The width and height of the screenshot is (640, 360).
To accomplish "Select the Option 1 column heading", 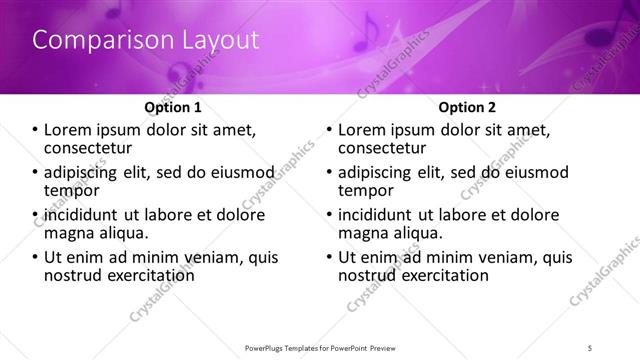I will (173, 107).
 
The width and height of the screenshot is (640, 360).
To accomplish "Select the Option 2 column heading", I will (466, 107).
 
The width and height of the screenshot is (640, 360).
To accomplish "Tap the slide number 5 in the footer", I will (590, 347).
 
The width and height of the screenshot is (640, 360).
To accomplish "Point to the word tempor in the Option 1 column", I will (71, 190).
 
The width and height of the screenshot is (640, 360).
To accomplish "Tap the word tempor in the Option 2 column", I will (365, 190).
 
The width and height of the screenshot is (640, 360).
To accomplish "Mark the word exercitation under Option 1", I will (147, 275).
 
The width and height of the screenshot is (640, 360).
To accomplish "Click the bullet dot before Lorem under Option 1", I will (36, 130).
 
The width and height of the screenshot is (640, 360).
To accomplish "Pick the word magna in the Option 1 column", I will (68, 233).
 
